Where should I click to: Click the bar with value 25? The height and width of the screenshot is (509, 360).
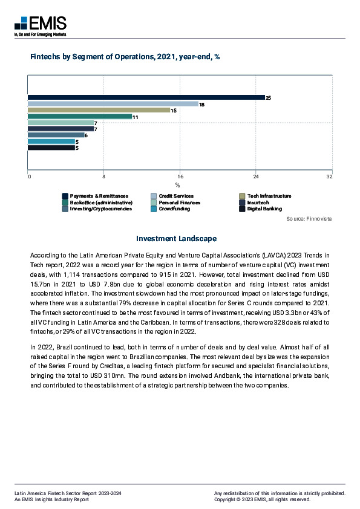[146, 97]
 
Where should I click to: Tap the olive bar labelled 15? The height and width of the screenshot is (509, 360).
[99, 110]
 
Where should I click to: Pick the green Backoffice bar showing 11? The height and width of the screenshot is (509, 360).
[80, 117]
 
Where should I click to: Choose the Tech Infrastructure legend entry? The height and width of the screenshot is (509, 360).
[269, 196]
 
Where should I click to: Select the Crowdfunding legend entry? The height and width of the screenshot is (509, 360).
[174, 209]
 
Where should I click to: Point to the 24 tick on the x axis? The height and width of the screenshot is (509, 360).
[256, 177]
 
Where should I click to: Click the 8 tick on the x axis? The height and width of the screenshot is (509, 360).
[104, 177]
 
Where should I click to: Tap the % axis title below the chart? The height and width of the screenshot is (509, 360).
[178, 185]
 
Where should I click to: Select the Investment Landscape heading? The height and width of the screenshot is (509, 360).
[176, 239]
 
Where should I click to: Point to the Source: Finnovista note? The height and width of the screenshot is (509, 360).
[309, 218]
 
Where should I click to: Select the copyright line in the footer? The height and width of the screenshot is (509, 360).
[262, 499]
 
